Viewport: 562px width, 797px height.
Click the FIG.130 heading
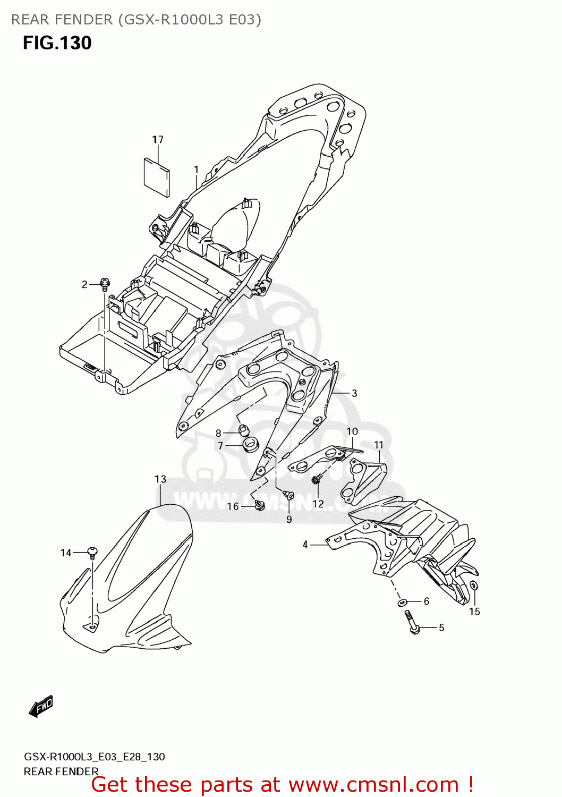(x=57, y=43)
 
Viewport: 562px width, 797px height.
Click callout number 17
(x=158, y=139)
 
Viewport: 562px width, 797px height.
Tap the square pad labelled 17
(x=157, y=176)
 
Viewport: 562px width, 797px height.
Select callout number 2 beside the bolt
(x=84, y=285)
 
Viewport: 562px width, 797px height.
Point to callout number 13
(x=160, y=479)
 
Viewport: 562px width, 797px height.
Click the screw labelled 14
(x=92, y=553)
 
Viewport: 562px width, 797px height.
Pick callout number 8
(x=218, y=434)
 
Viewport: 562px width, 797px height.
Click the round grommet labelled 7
(x=250, y=444)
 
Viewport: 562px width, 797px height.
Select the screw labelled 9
(x=289, y=495)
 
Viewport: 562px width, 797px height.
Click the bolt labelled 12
(x=317, y=480)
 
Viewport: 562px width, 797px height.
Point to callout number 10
(x=353, y=431)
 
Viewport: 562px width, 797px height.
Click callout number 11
(x=379, y=445)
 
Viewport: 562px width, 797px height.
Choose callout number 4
(x=305, y=545)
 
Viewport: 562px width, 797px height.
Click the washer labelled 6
(x=403, y=602)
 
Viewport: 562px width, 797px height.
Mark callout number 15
(x=474, y=612)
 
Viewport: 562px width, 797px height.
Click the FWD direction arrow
(x=41, y=707)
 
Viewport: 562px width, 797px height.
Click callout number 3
(x=354, y=394)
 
